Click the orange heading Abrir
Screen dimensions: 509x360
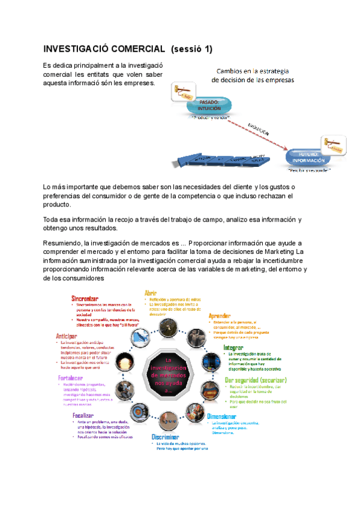(x=151, y=292)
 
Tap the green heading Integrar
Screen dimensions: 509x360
(x=233, y=348)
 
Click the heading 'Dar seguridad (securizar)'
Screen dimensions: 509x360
(x=255, y=380)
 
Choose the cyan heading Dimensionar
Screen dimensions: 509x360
(x=226, y=416)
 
